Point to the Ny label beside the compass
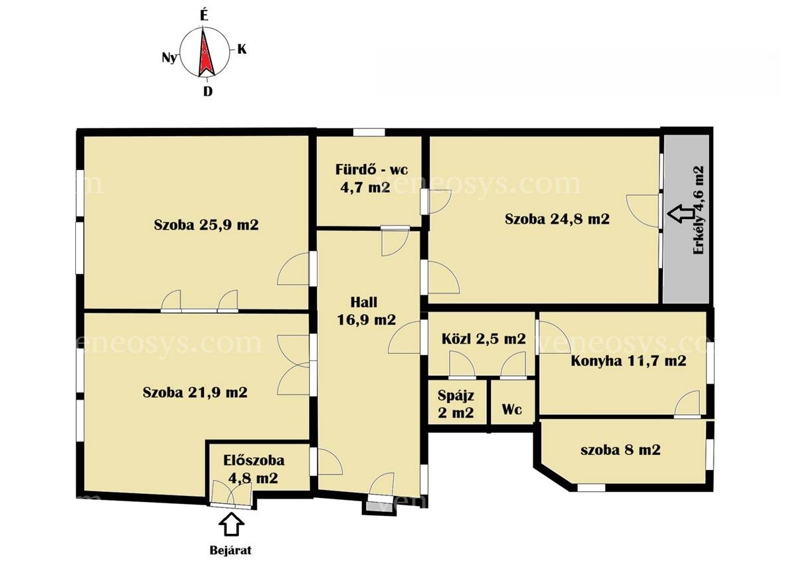(x=169, y=57)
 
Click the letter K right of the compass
(x=242, y=49)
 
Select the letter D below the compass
(x=208, y=92)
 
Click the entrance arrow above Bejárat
(x=231, y=524)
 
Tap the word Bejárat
(x=230, y=550)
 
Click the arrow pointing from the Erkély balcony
(x=681, y=214)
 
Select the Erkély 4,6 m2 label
(x=699, y=210)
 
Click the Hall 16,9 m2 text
(x=366, y=311)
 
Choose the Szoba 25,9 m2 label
(x=206, y=224)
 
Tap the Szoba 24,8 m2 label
(x=557, y=218)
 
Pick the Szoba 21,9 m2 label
(x=195, y=392)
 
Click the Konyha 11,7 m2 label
(x=628, y=361)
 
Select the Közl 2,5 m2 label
(x=484, y=339)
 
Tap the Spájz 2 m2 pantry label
(x=456, y=404)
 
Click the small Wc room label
(x=512, y=409)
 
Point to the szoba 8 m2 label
(x=620, y=449)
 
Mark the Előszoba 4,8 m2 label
(x=254, y=469)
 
